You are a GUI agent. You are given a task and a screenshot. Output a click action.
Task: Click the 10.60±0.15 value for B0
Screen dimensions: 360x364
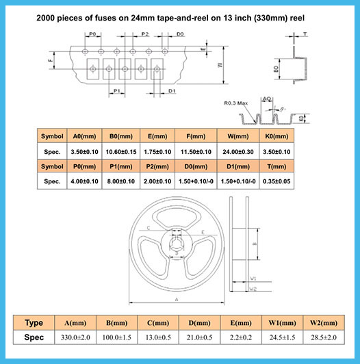121,152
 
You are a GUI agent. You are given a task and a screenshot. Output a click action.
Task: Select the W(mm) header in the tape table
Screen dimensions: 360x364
238,136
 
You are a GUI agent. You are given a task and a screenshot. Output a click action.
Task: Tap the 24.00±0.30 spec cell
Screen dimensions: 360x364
238,152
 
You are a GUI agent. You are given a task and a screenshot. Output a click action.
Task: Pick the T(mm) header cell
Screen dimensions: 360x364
277,166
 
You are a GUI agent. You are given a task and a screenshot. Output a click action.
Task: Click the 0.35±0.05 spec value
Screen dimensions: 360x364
277,181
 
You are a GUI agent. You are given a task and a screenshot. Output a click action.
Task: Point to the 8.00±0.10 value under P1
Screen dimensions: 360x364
121,181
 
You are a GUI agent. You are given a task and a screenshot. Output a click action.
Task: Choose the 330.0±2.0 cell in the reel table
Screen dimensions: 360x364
75,337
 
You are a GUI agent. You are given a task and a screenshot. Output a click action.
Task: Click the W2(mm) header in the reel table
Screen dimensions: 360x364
324,323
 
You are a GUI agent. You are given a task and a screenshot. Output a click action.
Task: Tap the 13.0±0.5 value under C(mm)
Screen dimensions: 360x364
158,337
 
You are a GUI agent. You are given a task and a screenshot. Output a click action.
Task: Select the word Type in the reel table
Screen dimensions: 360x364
34,323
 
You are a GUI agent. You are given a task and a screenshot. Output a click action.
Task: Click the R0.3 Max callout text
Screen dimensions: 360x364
235,103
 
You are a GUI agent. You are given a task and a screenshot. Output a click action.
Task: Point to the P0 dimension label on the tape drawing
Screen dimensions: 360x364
92,34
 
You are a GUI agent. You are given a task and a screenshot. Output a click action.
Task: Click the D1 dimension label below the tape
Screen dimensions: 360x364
172,91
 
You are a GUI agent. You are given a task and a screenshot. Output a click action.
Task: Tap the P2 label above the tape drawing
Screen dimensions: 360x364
145,34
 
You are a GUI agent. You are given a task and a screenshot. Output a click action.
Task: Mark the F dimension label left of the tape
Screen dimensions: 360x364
51,60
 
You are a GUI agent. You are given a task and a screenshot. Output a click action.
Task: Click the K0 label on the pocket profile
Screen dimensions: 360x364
301,119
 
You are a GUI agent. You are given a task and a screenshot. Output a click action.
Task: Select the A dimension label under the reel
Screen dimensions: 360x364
177,300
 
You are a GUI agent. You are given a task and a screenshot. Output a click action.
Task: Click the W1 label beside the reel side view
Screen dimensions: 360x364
253,278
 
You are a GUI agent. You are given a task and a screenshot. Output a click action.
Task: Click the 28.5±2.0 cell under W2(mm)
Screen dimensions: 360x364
324,337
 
